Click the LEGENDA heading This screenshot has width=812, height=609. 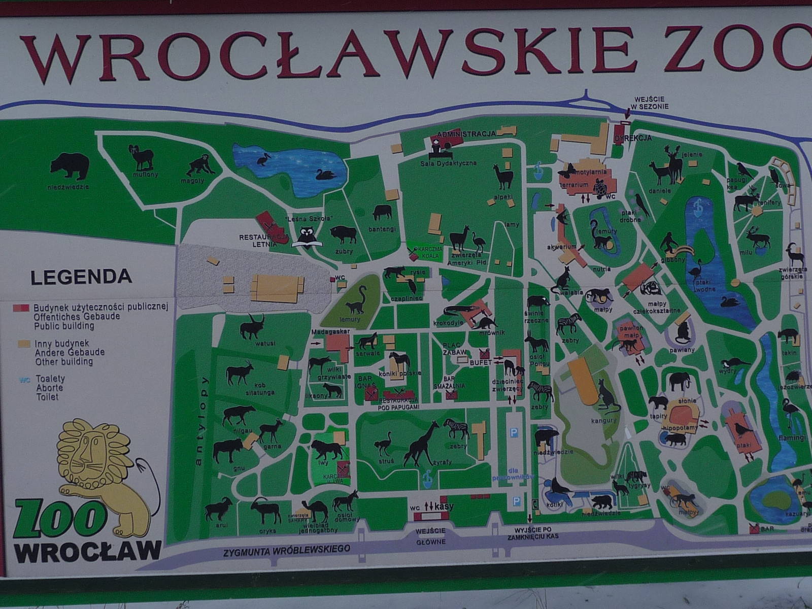pyautogui.click(x=81, y=278)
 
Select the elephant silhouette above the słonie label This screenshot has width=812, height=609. pyautogui.click(x=681, y=381)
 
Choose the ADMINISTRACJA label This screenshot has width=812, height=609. pyautogui.click(x=466, y=134)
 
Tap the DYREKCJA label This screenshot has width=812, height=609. pyautogui.click(x=632, y=138)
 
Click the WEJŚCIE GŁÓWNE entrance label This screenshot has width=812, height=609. pyautogui.click(x=430, y=536)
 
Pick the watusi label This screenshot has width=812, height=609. pyautogui.click(x=265, y=344)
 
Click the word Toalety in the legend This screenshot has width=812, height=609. pyautogui.click(x=50, y=379)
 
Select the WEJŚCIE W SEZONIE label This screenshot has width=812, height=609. pyautogui.click(x=651, y=103)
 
